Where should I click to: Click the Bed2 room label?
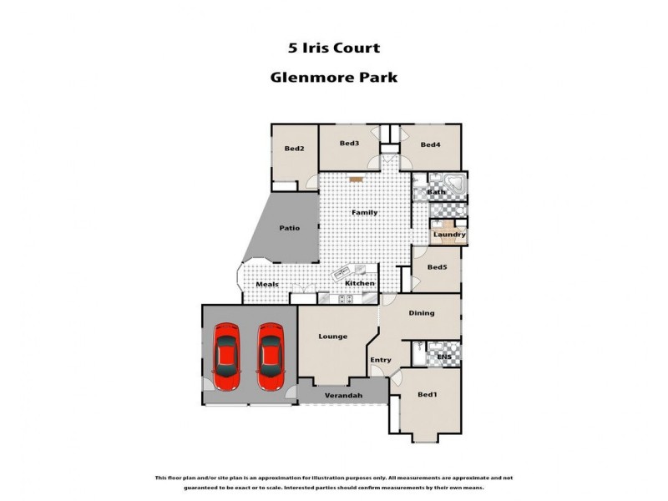(294, 149)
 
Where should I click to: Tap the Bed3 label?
(349, 144)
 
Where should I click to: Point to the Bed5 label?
(437, 267)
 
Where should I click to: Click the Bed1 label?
(427, 395)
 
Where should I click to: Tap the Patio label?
(289, 228)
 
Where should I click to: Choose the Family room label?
(364, 213)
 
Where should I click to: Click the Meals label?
(266, 285)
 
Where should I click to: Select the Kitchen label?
(360, 284)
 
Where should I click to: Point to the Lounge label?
(332, 337)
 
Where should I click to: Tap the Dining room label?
(421, 314)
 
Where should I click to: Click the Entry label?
(381, 361)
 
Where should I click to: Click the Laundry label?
(449, 235)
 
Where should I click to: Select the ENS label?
(444, 358)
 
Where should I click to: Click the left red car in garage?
(227, 357)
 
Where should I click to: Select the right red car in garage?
(270, 357)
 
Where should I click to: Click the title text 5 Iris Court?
(333, 48)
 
